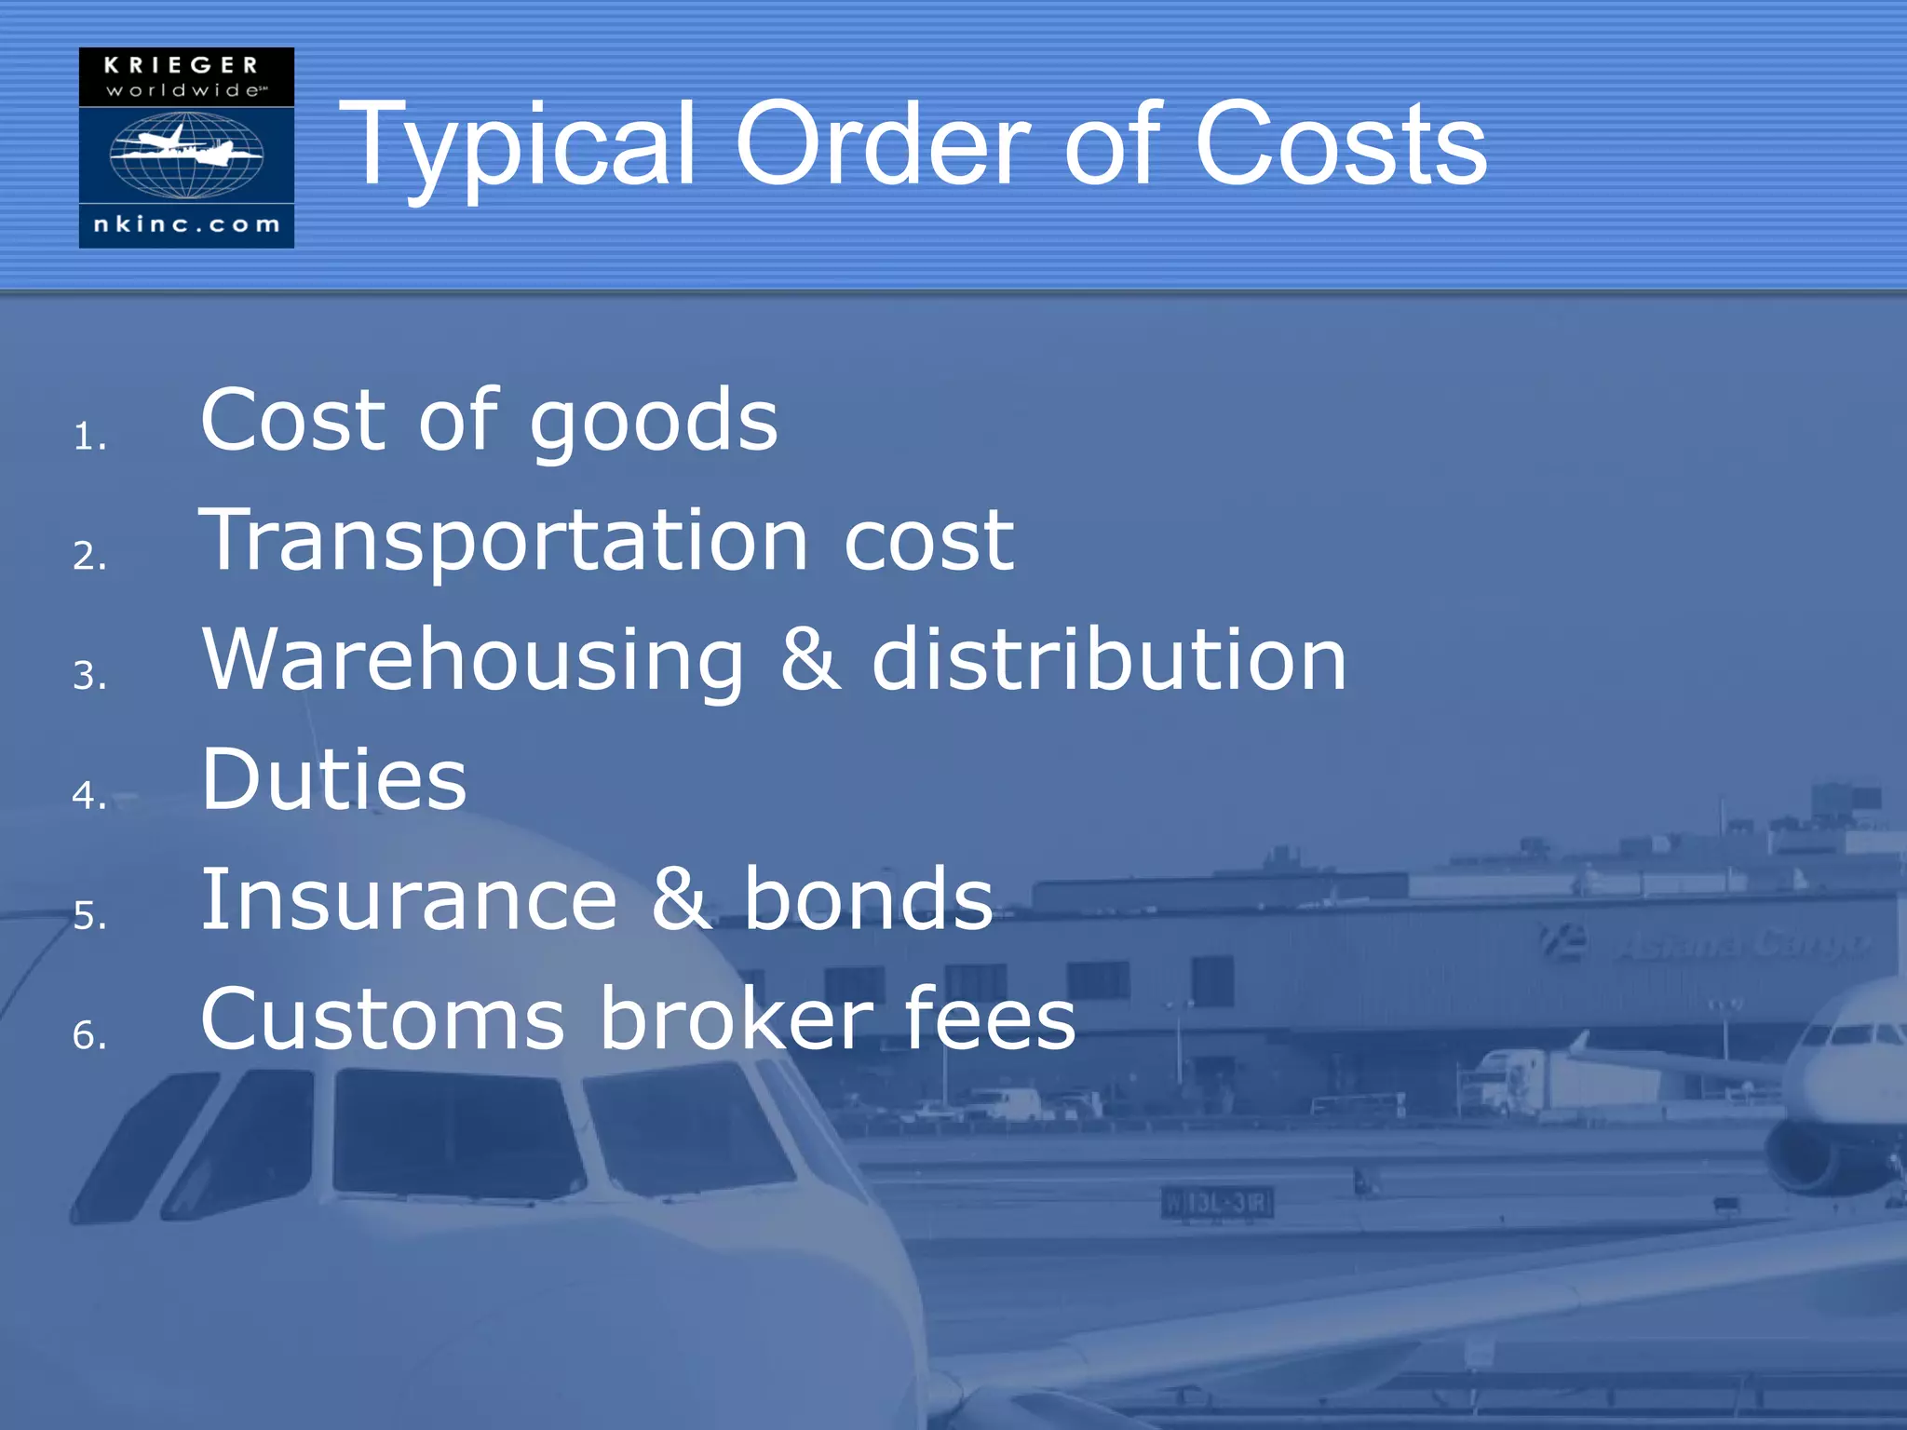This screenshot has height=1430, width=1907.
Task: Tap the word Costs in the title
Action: click(x=1341, y=144)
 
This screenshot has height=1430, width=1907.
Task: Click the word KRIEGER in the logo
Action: click(x=182, y=65)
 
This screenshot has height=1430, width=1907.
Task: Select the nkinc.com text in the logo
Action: click(x=186, y=224)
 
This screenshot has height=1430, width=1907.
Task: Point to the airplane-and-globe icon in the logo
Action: click(x=186, y=154)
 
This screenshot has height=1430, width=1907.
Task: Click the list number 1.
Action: click(x=89, y=437)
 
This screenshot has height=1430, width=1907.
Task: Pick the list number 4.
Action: click(x=89, y=795)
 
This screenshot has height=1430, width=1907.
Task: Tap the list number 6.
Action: click(x=89, y=1035)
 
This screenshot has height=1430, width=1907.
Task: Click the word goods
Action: click(x=654, y=424)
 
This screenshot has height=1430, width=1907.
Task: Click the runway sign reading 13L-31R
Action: click(x=1217, y=1203)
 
